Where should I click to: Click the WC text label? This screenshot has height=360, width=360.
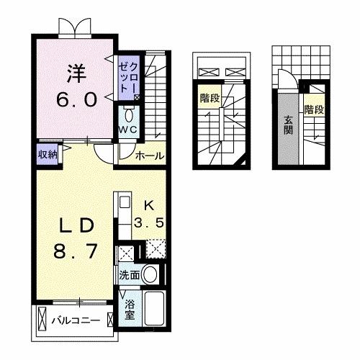[x=128, y=129]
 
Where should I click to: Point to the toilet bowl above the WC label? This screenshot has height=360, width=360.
[x=128, y=114]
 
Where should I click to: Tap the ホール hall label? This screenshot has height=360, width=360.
[x=149, y=155]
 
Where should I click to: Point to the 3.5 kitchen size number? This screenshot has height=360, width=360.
[x=151, y=222]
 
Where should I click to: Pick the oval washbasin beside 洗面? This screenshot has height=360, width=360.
[x=150, y=274]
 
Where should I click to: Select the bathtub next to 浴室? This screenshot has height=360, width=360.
[x=154, y=310]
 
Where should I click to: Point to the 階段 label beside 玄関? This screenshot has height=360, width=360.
[x=313, y=110]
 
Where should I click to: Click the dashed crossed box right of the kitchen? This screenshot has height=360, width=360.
[x=156, y=251]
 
